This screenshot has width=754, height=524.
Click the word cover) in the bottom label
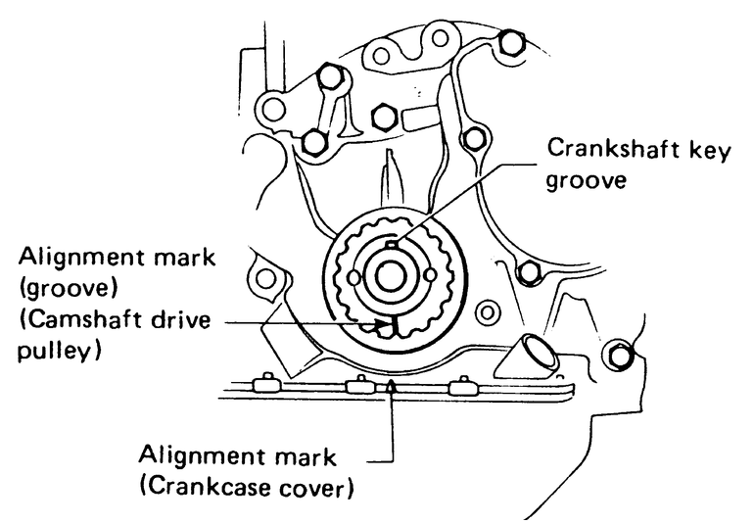point(317,486)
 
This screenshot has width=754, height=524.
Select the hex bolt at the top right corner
point(508,43)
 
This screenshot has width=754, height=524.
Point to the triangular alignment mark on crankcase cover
point(392,388)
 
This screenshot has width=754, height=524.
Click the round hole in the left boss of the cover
point(264,282)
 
